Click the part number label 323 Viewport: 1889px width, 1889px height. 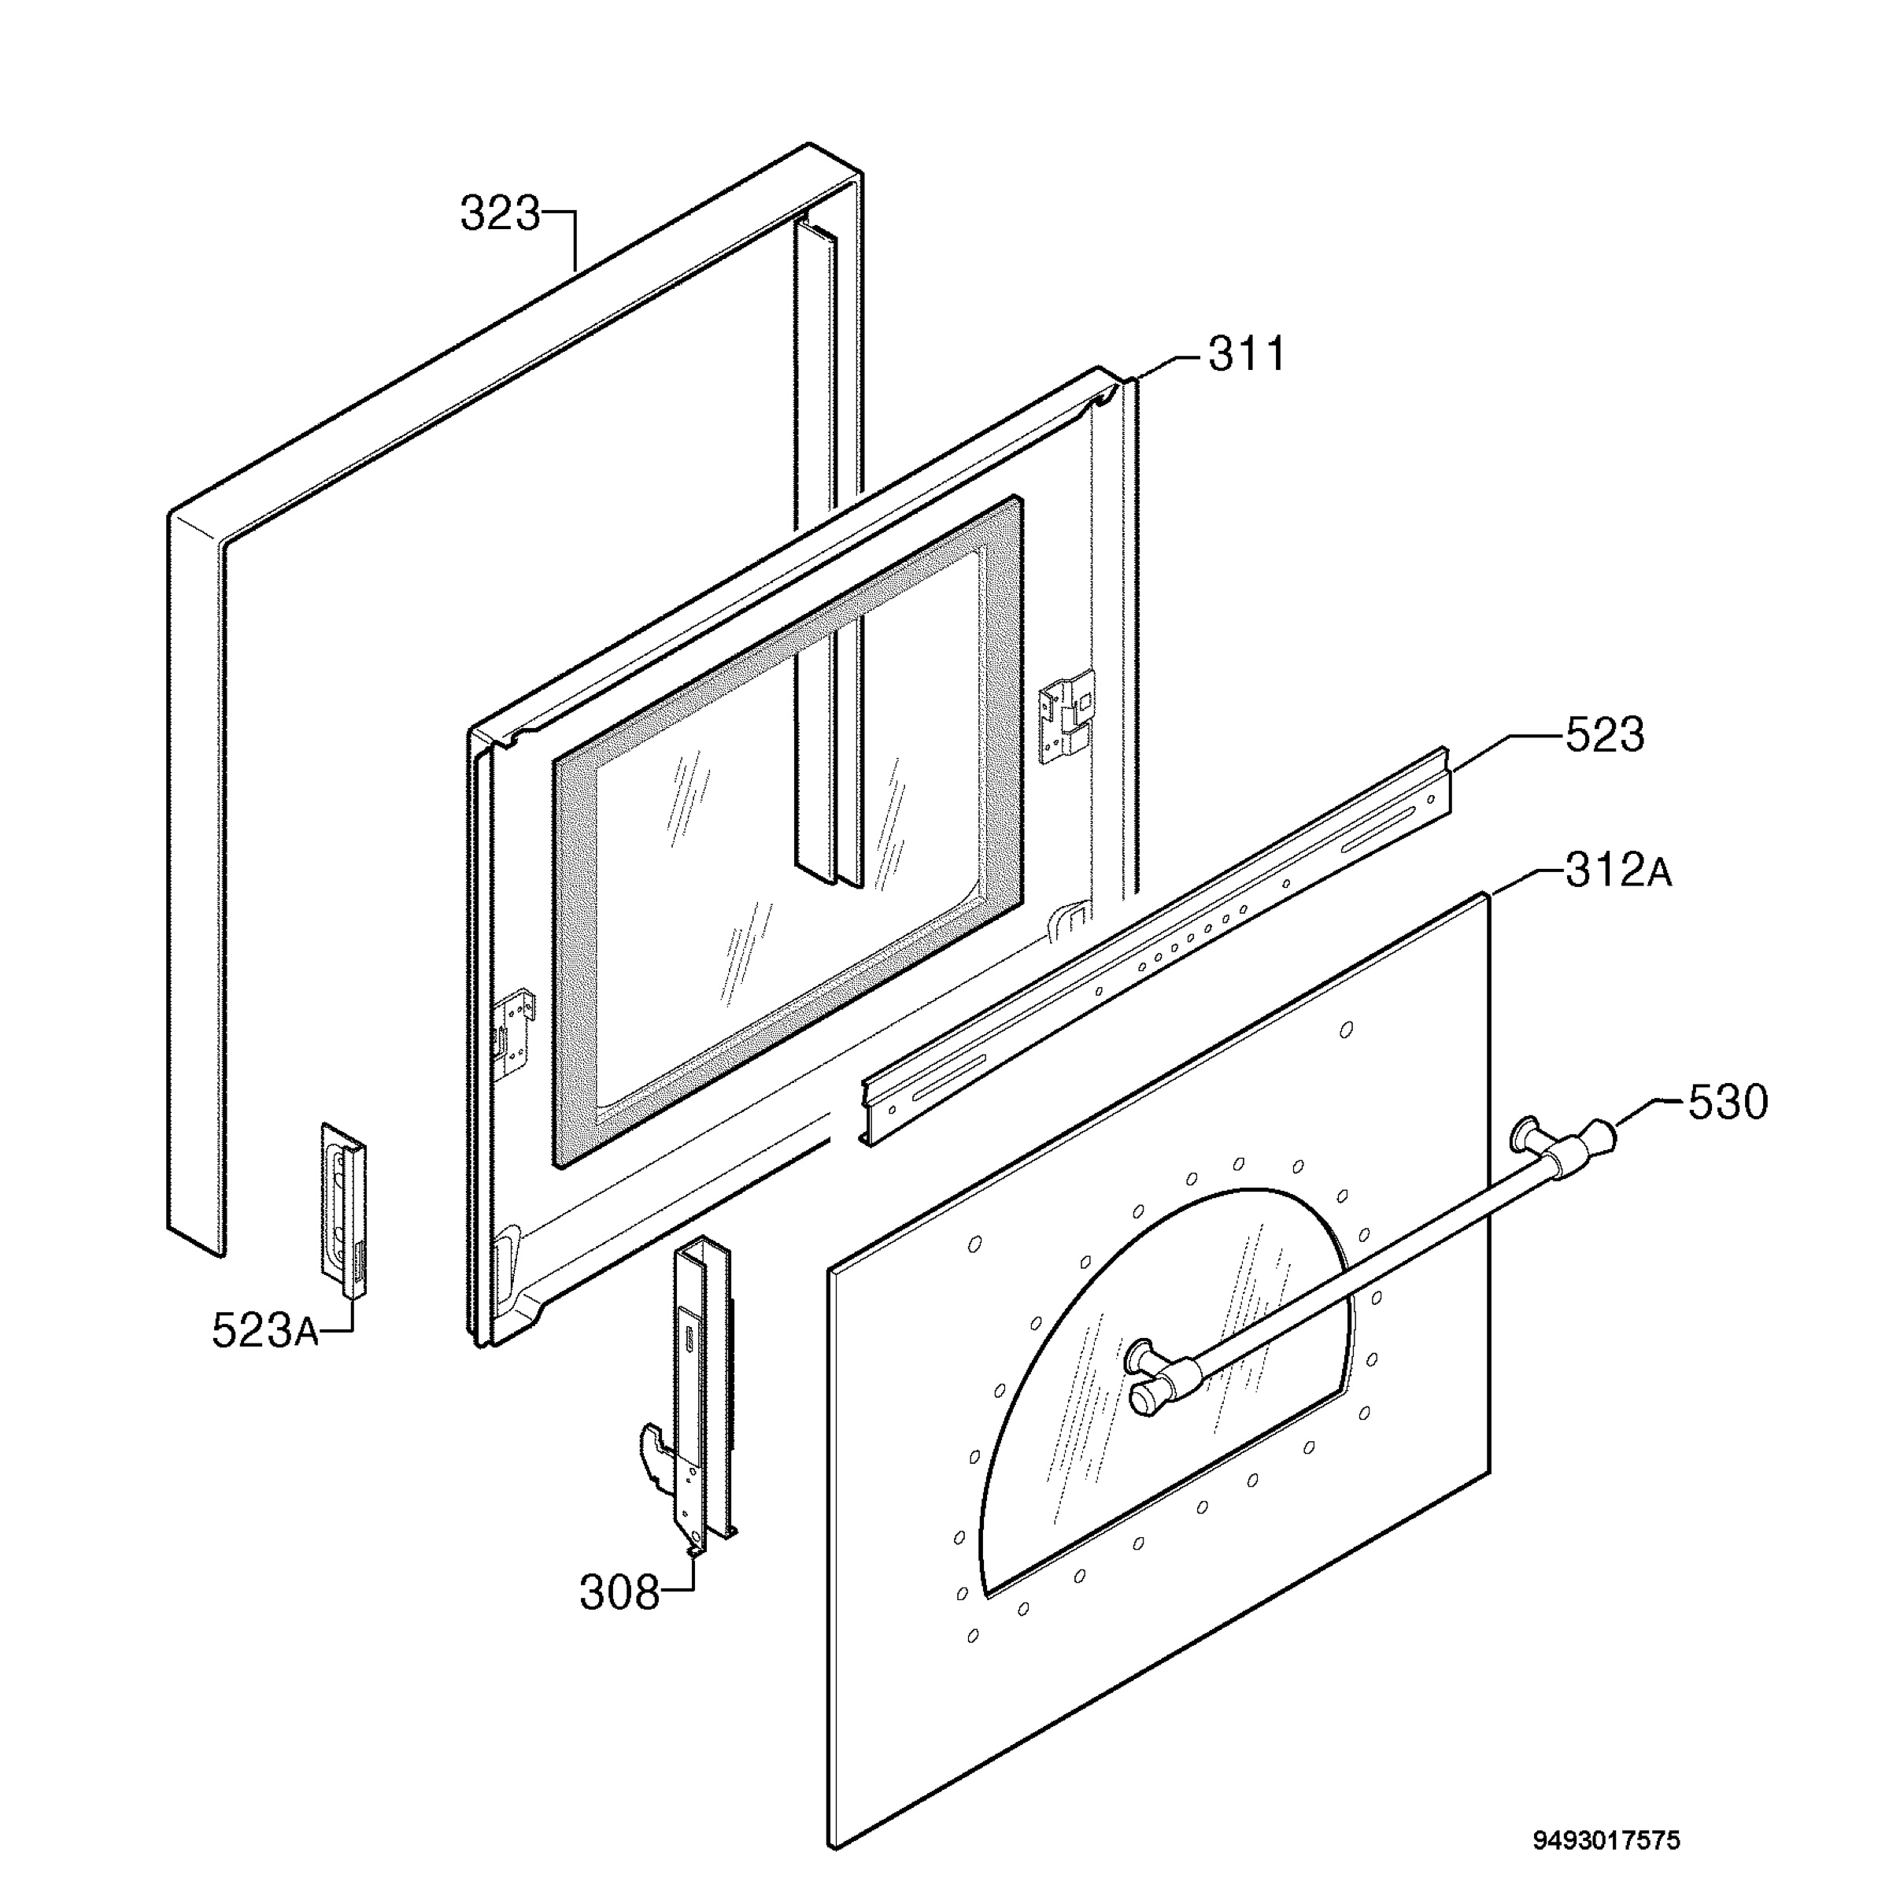click(x=500, y=213)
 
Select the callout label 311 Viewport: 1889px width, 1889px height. click(x=1248, y=354)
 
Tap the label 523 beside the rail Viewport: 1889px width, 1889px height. click(x=1605, y=735)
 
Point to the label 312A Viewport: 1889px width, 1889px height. click(x=1618, y=871)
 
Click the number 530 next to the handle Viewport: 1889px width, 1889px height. click(x=1728, y=1103)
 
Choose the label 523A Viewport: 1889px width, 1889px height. click(x=265, y=1331)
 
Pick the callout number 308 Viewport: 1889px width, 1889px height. click(x=620, y=1593)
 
